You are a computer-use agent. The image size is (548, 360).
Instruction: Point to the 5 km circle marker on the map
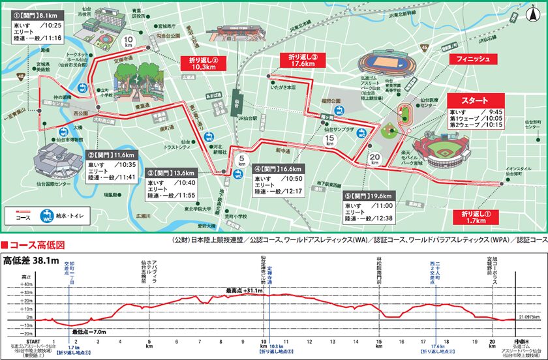(x=241, y=159)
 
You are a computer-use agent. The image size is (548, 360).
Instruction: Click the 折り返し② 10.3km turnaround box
(x=203, y=63)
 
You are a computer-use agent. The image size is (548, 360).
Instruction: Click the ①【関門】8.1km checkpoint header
(x=35, y=14)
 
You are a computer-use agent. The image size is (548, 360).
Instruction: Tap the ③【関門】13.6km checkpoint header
(x=171, y=173)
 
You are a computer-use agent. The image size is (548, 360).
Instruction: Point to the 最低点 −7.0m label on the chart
(x=90, y=331)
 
